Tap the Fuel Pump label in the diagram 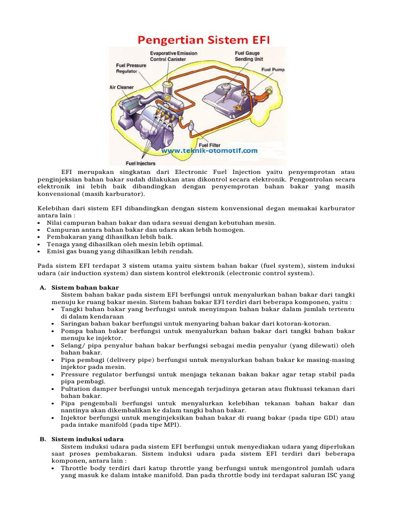tap(273, 69)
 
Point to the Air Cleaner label tap(121, 88)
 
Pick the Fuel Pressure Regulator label tap(131, 68)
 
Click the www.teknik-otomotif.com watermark tap(210, 151)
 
